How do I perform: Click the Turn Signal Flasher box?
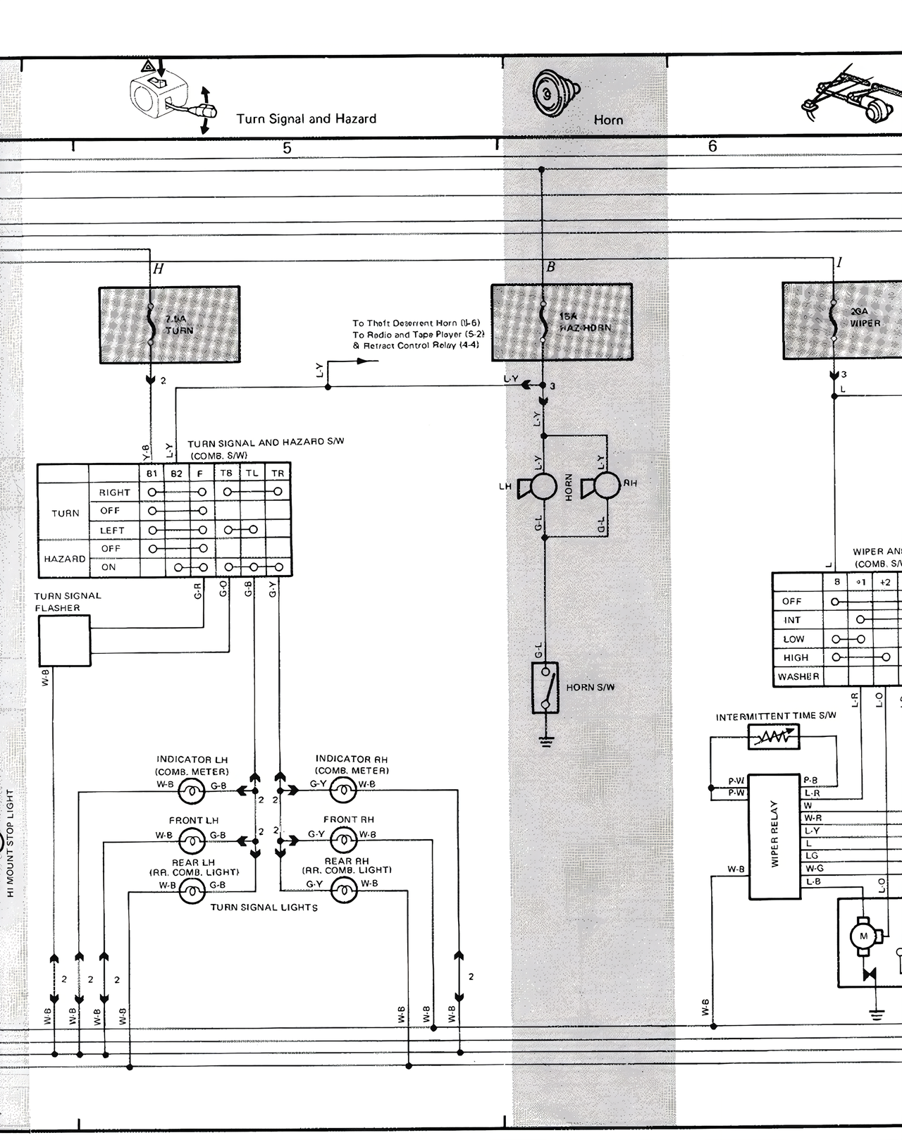[x=64, y=640]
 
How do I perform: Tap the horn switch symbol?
[x=545, y=688]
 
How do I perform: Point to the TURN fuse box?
[x=169, y=324]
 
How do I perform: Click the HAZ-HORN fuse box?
[x=562, y=322]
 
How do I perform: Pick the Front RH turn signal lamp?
[x=344, y=838]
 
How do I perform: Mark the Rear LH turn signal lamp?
[x=191, y=893]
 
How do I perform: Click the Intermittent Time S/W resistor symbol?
[x=774, y=737]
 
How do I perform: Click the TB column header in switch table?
[x=226, y=473]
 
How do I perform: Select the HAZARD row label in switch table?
[x=64, y=559]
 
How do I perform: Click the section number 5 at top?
[x=287, y=148]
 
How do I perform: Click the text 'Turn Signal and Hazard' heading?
[x=306, y=119]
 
